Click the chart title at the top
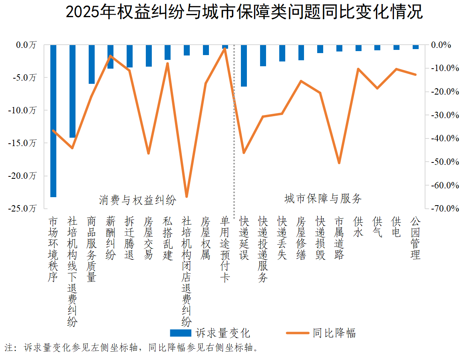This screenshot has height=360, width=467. (244, 12)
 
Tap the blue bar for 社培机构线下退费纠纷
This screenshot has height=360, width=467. (72, 91)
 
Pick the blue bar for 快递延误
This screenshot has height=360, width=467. (244, 66)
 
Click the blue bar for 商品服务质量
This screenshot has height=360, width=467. (91, 64)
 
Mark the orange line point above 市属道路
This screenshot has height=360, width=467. (339, 163)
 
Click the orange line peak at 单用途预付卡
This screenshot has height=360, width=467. (225, 49)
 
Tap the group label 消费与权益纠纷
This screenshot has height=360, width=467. (137, 200)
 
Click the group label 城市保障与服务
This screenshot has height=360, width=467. (323, 198)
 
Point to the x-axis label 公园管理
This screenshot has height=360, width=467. (415, 238)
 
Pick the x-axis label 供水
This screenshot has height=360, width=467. (358, 227)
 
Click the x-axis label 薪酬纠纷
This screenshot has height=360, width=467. (110, 238)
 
